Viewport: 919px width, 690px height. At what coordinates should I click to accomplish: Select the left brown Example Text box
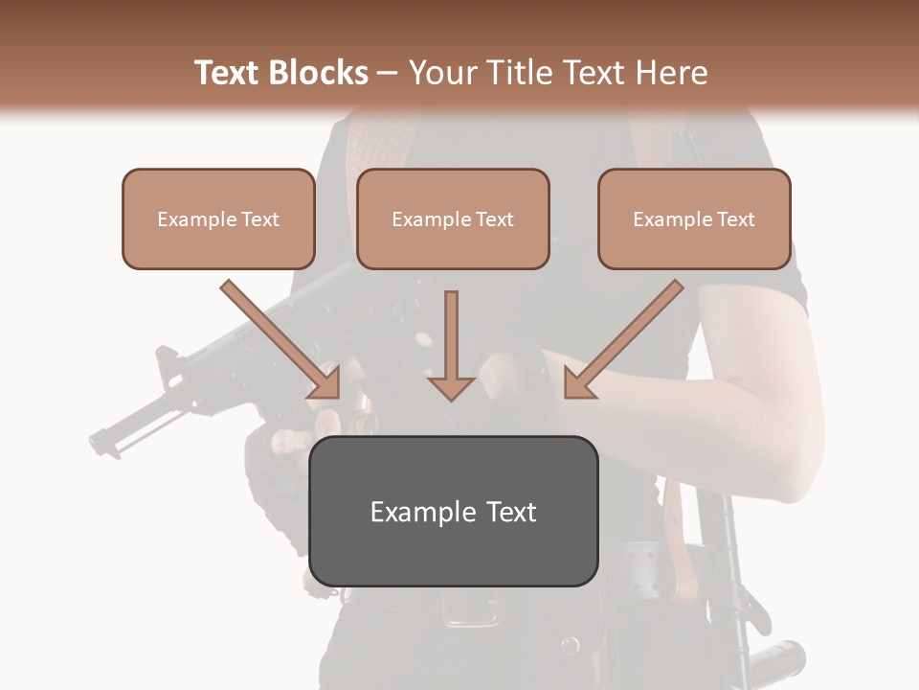coord(218,218)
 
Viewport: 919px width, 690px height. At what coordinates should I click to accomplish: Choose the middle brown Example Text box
coord(453,218)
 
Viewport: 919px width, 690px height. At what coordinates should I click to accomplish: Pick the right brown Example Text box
coord(694,218)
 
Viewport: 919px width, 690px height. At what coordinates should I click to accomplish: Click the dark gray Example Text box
coord(453,511)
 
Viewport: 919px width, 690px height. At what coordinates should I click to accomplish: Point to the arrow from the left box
coord(281,339)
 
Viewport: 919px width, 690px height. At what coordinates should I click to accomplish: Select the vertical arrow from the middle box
coord(451,345)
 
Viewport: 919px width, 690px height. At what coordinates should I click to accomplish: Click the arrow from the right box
coord(622,339)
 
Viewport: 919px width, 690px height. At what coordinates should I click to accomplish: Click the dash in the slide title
coord(388,73)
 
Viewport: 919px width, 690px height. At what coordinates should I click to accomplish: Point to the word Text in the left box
coord(261,218)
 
